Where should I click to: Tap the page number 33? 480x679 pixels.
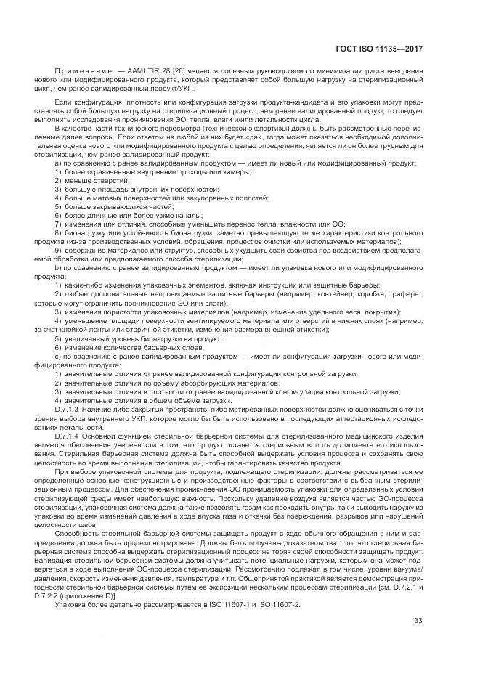(418, 619)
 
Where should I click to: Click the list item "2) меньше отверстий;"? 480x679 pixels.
(87, 179)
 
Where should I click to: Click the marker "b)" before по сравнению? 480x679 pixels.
(57, 268)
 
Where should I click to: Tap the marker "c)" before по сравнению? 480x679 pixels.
(57, 356)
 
